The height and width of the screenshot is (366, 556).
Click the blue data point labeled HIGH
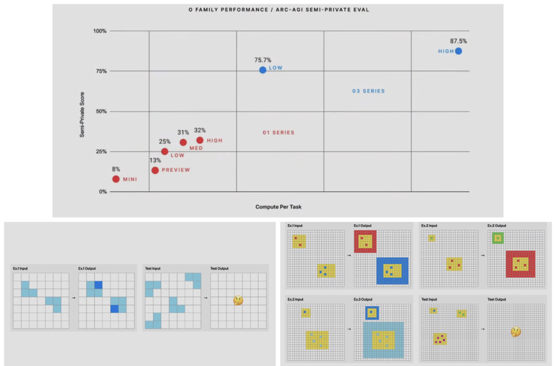(458, 51)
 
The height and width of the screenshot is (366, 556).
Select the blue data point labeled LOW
(263, 70)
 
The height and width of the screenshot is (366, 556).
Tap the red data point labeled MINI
(116, 179)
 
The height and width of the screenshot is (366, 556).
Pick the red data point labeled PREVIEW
(155, 170)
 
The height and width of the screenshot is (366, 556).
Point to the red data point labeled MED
(183, 142)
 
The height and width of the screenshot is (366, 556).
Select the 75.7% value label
(263, 60)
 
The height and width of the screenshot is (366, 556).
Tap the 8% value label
(116, 169)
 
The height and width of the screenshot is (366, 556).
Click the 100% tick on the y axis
(100, 31)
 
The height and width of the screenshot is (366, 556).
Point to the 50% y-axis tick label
(101, 112)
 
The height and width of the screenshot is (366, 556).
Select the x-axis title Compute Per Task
(278, 207)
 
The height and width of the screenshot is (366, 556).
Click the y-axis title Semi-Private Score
(82, 114)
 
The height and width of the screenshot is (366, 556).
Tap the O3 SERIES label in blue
(368, 91)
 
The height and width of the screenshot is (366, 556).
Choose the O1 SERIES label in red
(279, 133)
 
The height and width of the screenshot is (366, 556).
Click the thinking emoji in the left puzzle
(238, 300)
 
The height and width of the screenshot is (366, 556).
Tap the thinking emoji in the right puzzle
(515, 332)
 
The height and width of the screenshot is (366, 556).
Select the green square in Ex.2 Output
(497, 238)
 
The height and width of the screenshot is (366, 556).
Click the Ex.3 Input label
(296, 299)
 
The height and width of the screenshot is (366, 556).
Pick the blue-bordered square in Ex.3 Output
(372, 313)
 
